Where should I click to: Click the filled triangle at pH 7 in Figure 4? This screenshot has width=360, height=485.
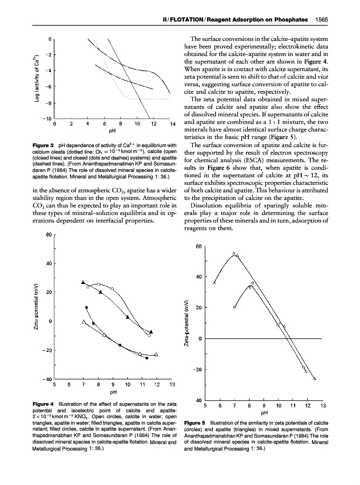(83, 282)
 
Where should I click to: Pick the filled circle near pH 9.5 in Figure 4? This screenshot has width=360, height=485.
(120, 345)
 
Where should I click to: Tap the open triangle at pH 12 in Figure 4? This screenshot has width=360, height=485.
(156, 354)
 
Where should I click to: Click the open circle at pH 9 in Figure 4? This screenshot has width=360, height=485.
(113, 289)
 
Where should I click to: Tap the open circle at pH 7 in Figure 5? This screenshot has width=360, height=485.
(234, 307)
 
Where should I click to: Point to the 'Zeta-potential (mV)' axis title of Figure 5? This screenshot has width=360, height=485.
(185, 327)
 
